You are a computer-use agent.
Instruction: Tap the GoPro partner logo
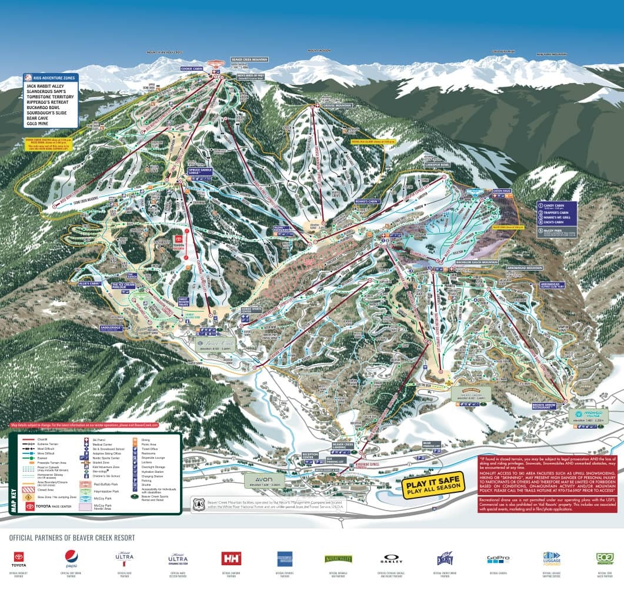pos(498,558)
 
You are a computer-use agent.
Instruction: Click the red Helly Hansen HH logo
pos(231,558)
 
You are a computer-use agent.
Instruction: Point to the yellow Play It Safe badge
pos(432,486)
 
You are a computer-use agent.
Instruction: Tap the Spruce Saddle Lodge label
pos(199,171)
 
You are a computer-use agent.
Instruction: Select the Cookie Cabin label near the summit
pos(192,69)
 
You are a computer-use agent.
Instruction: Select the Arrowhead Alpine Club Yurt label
pos(552,286)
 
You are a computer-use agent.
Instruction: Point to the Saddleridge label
pos(111,327)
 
